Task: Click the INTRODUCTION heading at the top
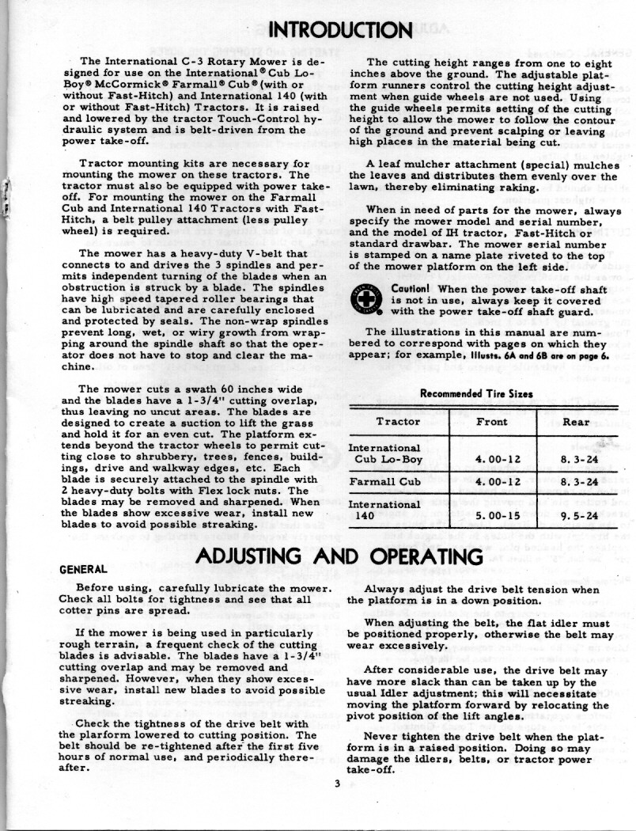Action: coord(340,30)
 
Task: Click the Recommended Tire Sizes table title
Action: coord(475,393)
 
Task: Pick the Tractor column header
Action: coord(398,421)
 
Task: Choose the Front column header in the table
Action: coord(492,421)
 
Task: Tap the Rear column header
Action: coord(575,421)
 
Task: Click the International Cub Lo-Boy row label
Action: coord(386,453)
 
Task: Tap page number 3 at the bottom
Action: coord(336,784)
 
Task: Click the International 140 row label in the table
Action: coord(384,508)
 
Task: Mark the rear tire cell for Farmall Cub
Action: coord(575,480)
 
